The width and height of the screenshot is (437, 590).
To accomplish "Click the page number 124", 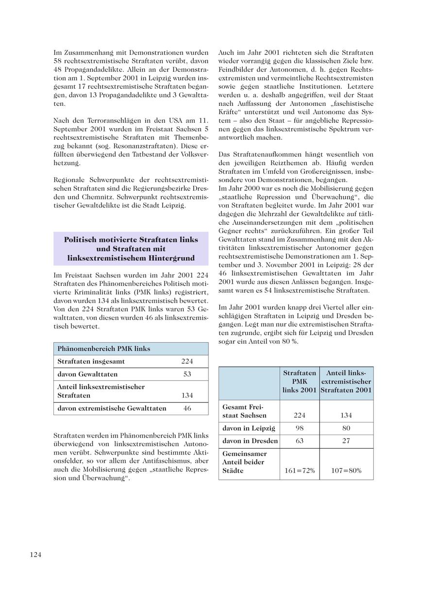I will point(35,555).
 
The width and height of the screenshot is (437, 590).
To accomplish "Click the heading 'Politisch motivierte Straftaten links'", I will point(131,240).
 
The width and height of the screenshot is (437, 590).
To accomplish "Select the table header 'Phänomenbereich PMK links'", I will point(104,349).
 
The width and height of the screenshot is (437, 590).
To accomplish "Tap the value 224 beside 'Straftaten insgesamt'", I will point(187,361).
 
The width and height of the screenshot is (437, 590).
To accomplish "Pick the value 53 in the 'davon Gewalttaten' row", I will point(187,374).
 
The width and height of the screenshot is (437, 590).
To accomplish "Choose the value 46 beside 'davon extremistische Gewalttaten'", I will point(187,408).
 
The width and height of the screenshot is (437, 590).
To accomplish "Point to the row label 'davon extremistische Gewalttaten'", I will point(112,408).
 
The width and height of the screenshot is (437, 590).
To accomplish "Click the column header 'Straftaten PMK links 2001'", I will point(300,382).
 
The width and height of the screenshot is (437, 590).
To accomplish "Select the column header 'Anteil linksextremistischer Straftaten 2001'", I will point(346,382).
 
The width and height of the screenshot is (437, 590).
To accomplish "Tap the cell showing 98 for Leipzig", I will point(300,428).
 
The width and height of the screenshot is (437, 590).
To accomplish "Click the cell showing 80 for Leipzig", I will point(346,428).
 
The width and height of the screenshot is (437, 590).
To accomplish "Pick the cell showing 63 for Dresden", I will point(300,441).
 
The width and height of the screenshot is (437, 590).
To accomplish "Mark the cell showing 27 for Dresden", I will point(346,441).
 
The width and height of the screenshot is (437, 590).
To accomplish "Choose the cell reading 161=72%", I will point(300,471).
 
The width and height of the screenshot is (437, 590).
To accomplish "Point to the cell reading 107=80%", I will point(346,471).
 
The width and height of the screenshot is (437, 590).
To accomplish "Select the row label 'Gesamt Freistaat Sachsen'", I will point(245,411).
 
